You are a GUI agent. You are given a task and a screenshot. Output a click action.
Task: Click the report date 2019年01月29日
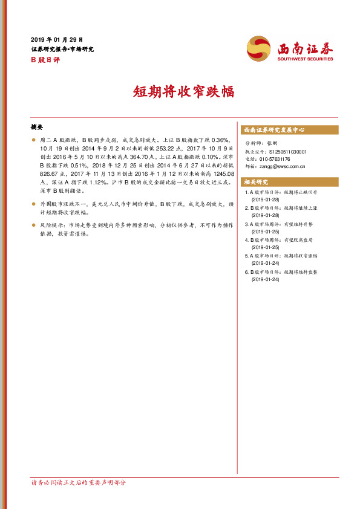coord(57,39)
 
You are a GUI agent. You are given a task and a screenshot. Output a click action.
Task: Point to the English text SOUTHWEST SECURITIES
coord(306,59)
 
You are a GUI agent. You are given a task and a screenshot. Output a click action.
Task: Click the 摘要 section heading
coord(37,128)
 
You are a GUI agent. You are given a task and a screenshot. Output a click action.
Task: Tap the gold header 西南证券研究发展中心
coord(274,130)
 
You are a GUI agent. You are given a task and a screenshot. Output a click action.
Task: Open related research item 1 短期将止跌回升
coord(284,193)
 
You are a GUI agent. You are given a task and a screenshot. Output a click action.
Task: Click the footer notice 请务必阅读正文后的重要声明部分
coord(79,482)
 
